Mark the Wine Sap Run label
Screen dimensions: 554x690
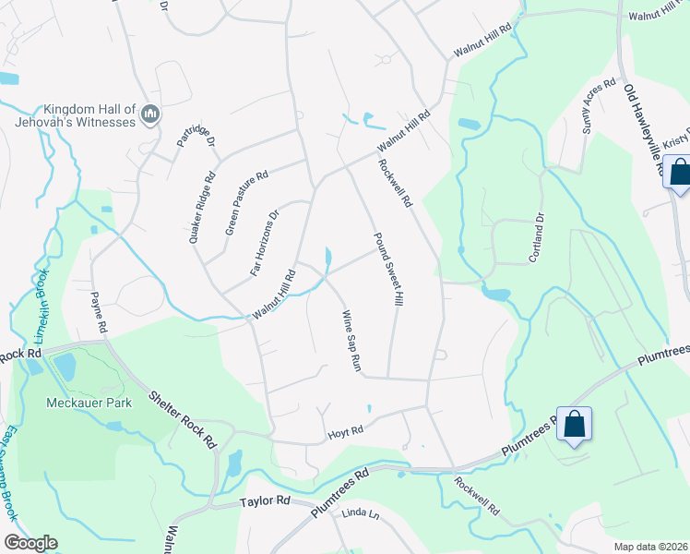(351, 341)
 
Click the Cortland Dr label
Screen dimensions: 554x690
(535, 237)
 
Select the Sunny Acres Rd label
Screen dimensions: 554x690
(598, 106)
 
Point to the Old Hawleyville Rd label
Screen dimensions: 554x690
(644, 129)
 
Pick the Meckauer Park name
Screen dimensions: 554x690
(89, 403)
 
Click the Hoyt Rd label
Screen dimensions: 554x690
(346, 430)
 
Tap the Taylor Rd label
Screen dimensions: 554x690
(265, 500)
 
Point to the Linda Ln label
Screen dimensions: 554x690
(361, 513)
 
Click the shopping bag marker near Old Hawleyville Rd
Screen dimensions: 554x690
(680, 173)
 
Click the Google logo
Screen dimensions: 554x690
(30, 543)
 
